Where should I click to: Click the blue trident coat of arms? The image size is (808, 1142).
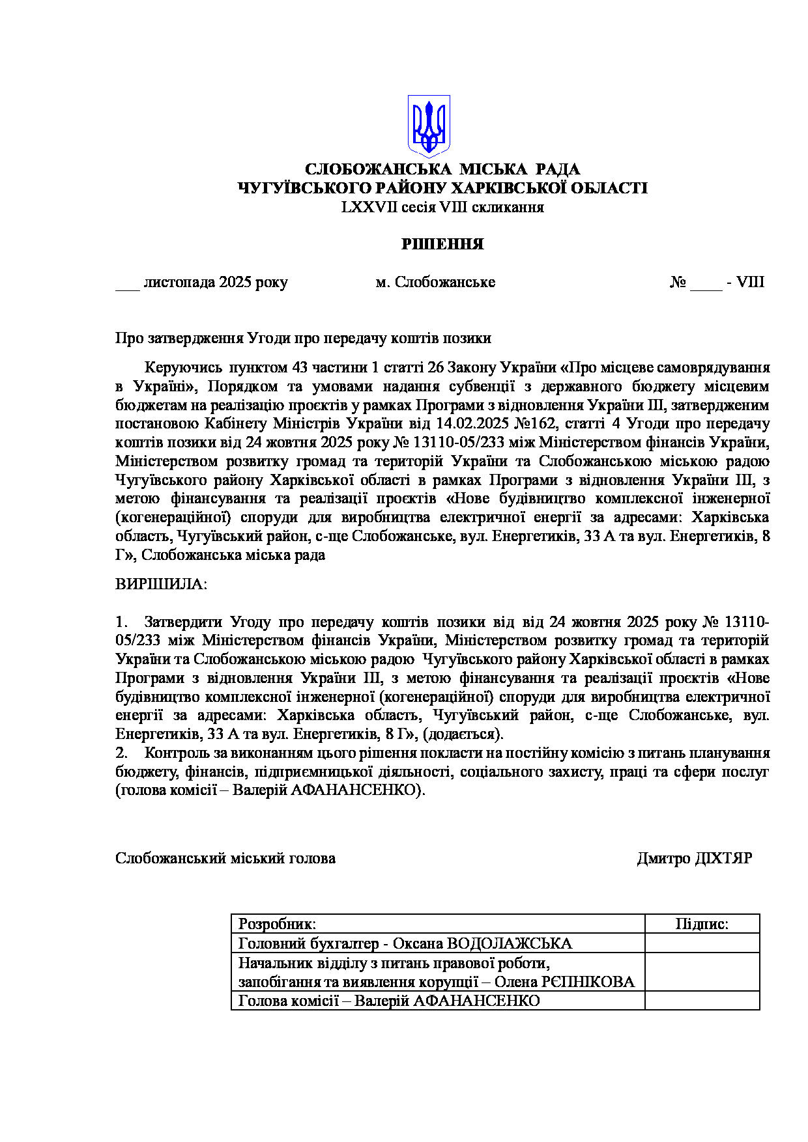coord(429,126)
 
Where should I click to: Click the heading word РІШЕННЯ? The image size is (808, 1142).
coord(442,244)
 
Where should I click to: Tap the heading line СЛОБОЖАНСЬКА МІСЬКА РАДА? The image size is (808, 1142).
coord(442,169)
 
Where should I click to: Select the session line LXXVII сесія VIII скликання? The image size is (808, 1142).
coord(442,208)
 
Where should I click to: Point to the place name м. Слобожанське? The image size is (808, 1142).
coord(435,283)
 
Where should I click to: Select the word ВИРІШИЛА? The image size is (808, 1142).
coord(160,584)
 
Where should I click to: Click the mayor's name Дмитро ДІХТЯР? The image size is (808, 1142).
coord(694,859)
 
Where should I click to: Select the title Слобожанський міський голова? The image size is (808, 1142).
coord(225,859)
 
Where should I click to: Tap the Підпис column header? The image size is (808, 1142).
coord(702,924)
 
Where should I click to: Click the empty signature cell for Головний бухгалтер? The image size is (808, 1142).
coord(702,943)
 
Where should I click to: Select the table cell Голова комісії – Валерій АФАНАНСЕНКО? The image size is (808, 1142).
coord(389,1001)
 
